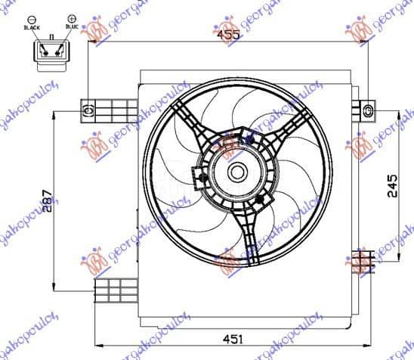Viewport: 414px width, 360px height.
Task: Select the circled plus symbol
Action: [x=71, y=17]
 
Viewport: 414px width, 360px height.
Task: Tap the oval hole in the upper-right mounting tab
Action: [x=367, y=111]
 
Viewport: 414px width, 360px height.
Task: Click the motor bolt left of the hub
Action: [x=199, y=178]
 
